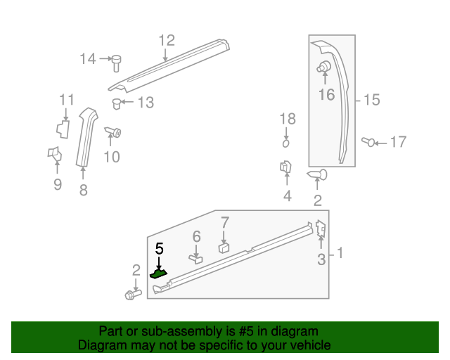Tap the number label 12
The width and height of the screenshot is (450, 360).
(x=166, y=40)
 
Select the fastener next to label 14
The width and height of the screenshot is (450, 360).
(x=117, y=63)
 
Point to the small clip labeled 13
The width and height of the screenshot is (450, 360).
(x=117, y=104)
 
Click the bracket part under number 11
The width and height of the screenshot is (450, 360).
(x=63, y=127)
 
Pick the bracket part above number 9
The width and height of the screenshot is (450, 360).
(x=54, y=153)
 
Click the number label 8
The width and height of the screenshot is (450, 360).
(x=83, y=190)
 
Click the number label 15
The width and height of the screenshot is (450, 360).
(x=371, y=101)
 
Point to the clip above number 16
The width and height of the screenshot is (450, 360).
(x=324, y=67)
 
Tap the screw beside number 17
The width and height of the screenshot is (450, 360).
(x=368, y=142)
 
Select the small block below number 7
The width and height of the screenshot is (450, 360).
(x=224, y=247)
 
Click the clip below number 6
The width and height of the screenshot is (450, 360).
(x=196, y=259)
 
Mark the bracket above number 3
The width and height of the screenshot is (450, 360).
(x=320, y=228)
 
